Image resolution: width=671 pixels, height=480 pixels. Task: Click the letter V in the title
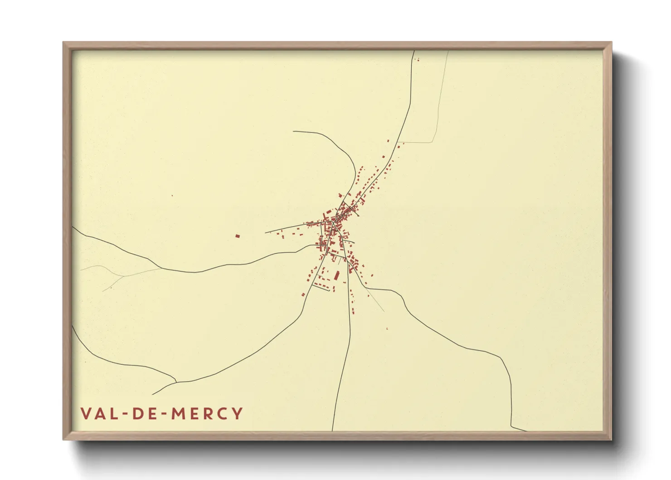click(86, 413)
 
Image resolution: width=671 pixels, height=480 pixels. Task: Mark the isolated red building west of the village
click(237, 236)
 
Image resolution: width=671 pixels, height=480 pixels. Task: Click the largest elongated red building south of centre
click(337, 275)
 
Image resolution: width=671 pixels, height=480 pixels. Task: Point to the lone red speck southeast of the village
click(387, 328)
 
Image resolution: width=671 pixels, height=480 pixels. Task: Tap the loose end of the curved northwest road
click(293, 132)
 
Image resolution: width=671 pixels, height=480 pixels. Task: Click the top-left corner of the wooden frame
click(63, 43)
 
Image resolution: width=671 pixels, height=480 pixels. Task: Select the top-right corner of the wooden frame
click(612, 43)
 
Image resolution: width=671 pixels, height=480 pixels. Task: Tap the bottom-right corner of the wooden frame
click(612, 440)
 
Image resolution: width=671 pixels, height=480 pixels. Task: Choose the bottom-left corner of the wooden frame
click(63, 440)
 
